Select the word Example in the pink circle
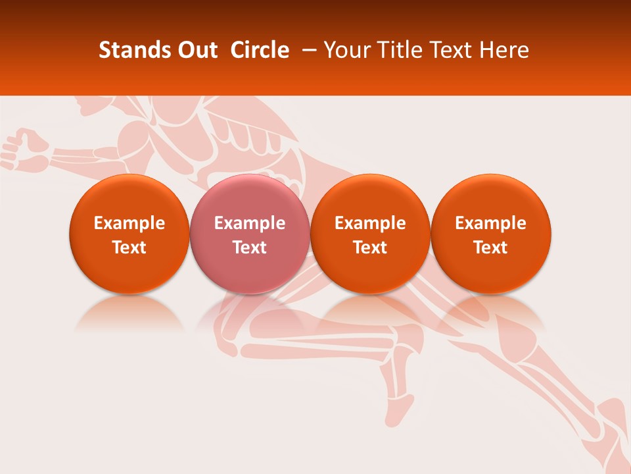tap(250, 223)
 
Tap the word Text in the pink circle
tap(250, 248)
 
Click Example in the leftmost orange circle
tap(129, 223)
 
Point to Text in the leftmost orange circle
tap(129, 248)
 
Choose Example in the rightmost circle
tap(491, 223)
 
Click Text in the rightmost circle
tap(491, 248)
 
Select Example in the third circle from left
tap(370, 223)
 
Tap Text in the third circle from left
tap(370, 248)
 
